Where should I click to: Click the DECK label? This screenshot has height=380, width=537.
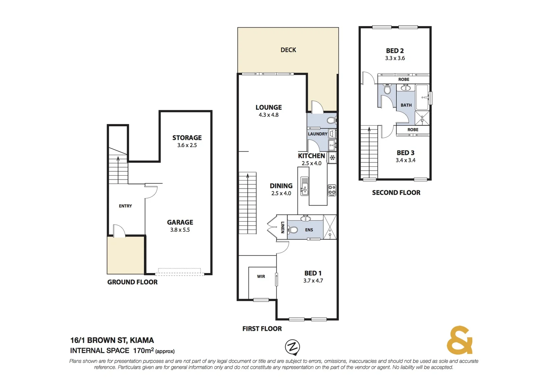tap(288, 50)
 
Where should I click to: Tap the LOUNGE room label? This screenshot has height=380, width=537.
tap(268, 107)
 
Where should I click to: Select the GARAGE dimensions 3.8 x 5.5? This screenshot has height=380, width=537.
tap(180, 230)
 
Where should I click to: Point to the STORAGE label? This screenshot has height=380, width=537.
tap(187, 138)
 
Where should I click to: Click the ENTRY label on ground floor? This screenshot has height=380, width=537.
tap(125, 206)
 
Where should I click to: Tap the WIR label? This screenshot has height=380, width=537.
tap(261, 276)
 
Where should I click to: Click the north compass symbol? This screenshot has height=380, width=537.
tap(292, 347)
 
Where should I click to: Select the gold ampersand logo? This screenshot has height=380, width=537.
tap(459, 340)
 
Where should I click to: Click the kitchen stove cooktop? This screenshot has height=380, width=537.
tap(332, 190)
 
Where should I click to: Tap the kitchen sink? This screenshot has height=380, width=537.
tap(305, 186)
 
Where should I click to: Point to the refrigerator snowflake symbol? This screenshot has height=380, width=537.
tap(332, 157)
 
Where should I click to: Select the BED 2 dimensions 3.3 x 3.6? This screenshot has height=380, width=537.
tap(395, 58)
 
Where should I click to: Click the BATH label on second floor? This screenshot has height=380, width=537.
tap(406, 105)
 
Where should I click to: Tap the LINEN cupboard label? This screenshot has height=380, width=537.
tap(282, 227)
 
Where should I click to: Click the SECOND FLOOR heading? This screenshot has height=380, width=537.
tap(396, 192)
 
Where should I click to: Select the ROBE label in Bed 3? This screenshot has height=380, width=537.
tap(413, 130)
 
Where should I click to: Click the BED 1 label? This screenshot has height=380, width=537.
tap(313, 273)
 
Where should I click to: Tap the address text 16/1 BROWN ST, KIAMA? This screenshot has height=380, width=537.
tap(112, 340)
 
